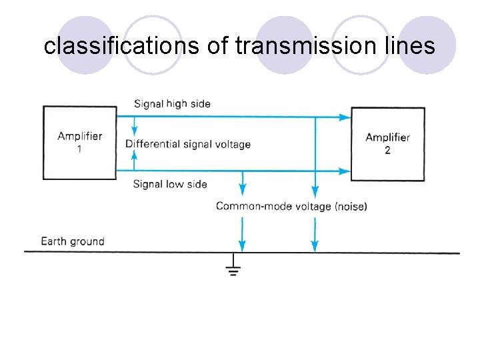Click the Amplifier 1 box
[x=79, y=142]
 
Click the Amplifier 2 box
[x=387, y=143]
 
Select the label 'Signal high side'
[x=172, y=103]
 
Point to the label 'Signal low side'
[x=170, y=184]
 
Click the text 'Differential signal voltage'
[x=188, y=144]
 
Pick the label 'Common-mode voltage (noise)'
[x=291, y=206]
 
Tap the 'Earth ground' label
[x=73, y=241]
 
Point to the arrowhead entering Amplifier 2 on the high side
[x=345, y=117]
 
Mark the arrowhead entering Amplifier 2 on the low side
[x=345, y=171]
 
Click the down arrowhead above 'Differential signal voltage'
[x=135, y=131]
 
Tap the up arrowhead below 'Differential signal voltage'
[x=135, y=157]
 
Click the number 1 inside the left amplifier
[x=80, y=149]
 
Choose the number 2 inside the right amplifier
[x=387, y=150]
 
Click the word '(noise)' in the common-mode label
[x=351, y=206]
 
